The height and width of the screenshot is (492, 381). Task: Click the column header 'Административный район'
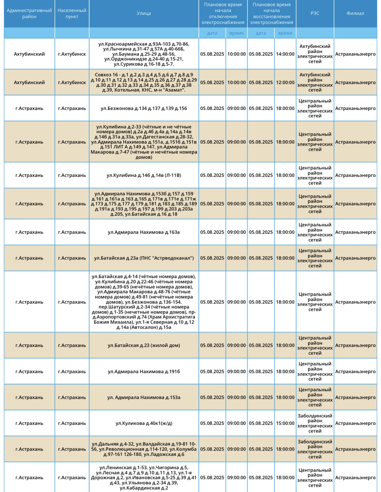[x=29, y=14]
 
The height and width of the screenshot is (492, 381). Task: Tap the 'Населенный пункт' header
[x=72, y=14]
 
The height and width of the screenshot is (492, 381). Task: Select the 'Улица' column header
[x=144, y=14]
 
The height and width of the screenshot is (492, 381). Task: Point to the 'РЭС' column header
[x=315, y=14]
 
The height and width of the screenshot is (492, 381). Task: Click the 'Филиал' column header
[x=355, y=14]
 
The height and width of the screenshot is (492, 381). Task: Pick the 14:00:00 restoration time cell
[x=285, y=54]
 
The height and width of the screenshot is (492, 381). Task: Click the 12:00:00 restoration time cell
[x=285, y=82]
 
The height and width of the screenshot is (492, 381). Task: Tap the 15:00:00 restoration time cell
[x=285, y=423]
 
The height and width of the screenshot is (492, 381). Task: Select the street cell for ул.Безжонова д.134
[x=144, y=108]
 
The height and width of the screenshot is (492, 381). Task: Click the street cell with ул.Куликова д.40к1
[x=144, y=423]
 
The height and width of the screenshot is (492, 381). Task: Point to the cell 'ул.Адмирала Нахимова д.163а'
[x=144, y=232]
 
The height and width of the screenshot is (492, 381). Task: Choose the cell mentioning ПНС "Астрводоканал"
[x=144, y=258]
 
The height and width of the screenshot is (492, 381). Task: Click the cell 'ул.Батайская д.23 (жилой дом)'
[x=144, y=345]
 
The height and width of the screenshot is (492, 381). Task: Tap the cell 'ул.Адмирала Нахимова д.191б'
[x=144, y=371]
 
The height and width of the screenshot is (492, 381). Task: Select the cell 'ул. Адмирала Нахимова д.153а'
[x=144, y=397]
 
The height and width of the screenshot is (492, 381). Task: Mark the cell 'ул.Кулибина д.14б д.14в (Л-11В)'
[x=144, y=175]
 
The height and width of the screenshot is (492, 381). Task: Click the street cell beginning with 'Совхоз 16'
[x=144, y=82]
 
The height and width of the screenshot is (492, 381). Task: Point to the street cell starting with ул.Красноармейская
[x=144, y=54]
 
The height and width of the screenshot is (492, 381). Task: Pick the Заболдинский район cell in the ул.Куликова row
[x=315, y=423]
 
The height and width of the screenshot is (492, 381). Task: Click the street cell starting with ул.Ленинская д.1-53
[x=144, y=477]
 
